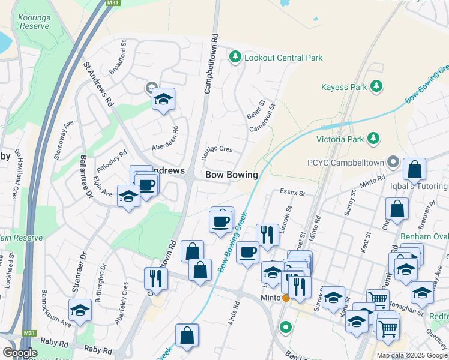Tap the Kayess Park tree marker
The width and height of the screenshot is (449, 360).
[376, 87]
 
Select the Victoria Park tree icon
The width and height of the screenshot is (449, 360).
[373, 140]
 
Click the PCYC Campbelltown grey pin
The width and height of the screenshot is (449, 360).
[393, 162]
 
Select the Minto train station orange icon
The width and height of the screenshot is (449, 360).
[286, 298]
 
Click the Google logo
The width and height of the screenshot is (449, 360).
[20, 353]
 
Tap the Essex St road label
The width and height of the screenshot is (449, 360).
[293, 193]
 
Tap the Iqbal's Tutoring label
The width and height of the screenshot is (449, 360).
[424, 187]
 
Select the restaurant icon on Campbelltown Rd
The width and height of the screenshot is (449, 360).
[155, 279]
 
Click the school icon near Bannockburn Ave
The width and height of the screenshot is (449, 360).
[80, 310]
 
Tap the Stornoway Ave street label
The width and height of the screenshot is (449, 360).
[62, 139]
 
